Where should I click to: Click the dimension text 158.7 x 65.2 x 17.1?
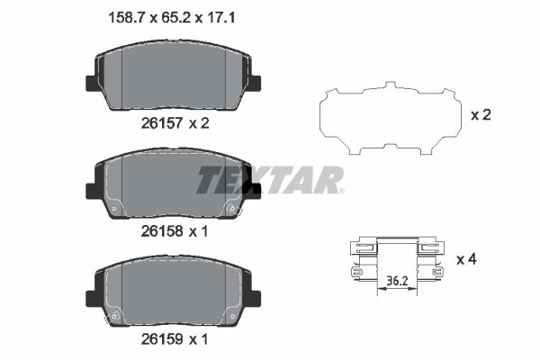[172, 18]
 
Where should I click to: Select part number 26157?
[161, 123]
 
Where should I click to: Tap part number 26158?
[161, 231]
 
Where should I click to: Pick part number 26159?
[161, 339]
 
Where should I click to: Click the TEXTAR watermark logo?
[270, 180]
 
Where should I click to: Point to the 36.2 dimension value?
[397, 281]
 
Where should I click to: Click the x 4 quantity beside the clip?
[466, 259]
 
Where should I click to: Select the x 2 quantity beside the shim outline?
[481, 115]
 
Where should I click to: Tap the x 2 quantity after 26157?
[199, 123]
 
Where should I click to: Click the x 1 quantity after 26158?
[198, 231]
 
